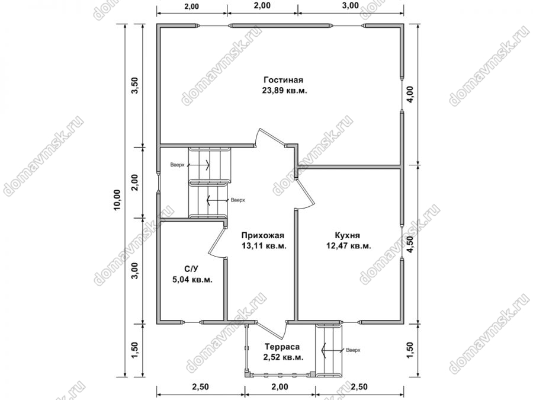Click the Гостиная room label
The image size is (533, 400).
[283, 80]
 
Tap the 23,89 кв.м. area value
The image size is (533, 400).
[284, 91]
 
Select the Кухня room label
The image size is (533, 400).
[348, 235]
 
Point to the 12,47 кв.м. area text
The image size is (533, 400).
[349, 246]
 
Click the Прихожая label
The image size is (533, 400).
[262, 235]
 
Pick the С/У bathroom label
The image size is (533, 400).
[191, 269]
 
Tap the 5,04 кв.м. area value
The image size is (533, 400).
[192, 280]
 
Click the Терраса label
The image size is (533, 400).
[282, 347]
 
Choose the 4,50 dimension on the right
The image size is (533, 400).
[410, 244]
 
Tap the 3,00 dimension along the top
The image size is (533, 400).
[351, 5]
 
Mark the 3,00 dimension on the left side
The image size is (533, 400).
[134, 271]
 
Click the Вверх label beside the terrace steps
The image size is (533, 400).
[353, 350]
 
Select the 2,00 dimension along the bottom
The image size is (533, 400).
[280, 387]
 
